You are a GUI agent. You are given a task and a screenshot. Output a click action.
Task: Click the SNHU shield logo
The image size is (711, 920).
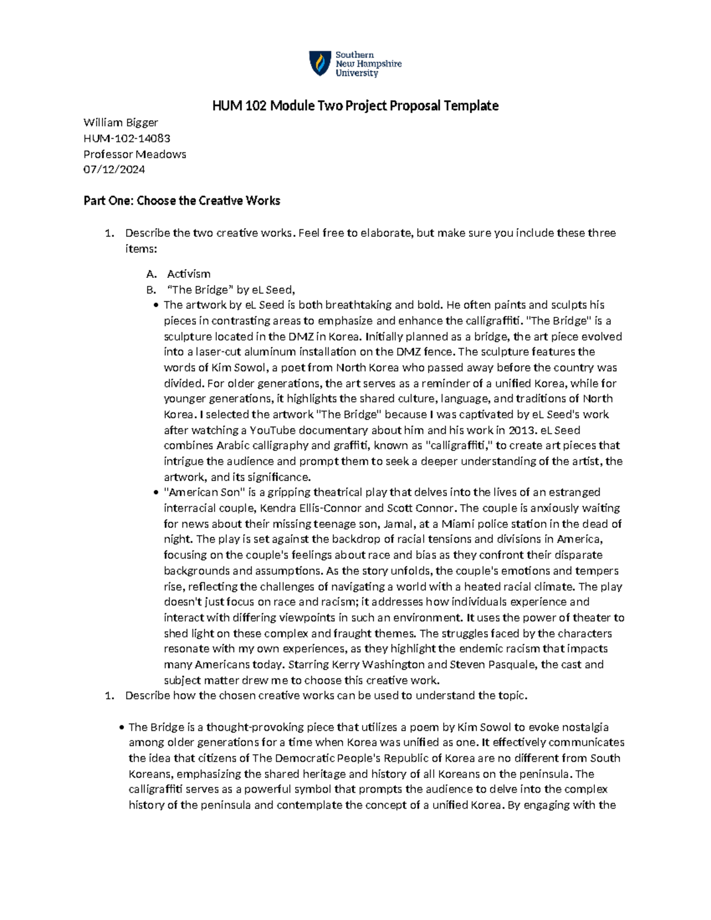click(x=320, y=63)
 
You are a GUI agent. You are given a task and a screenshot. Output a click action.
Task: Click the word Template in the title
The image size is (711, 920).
click(x=469, y=106)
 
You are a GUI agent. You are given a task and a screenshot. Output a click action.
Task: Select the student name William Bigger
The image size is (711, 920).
click(x=121, y=123)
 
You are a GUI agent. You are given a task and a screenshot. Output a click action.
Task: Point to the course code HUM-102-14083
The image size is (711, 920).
click(x=127, y=139)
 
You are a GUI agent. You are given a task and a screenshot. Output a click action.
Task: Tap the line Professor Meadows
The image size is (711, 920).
click(x=134, y=154)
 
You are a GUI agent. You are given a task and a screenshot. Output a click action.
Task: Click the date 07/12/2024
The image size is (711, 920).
click(x=114, y=169)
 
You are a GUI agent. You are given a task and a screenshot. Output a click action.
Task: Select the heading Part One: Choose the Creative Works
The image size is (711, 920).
click(x=181, y=201)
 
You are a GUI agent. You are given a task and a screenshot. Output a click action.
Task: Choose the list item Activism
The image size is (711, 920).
click(x=188, y=274)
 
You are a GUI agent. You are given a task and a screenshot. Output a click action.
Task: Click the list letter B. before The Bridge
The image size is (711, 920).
click(x=150, y=290)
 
